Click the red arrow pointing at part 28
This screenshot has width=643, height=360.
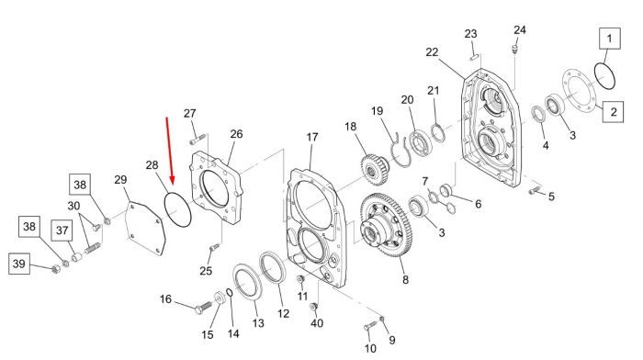[169, 151]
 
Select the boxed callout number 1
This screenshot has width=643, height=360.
[609, 39]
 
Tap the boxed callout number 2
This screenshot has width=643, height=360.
[613, 111]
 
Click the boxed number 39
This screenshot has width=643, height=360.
[19, 264]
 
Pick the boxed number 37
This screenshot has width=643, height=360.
[62, 230]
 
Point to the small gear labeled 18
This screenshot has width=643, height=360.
[375, 169]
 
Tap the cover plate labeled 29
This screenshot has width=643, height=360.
[145, 229]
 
